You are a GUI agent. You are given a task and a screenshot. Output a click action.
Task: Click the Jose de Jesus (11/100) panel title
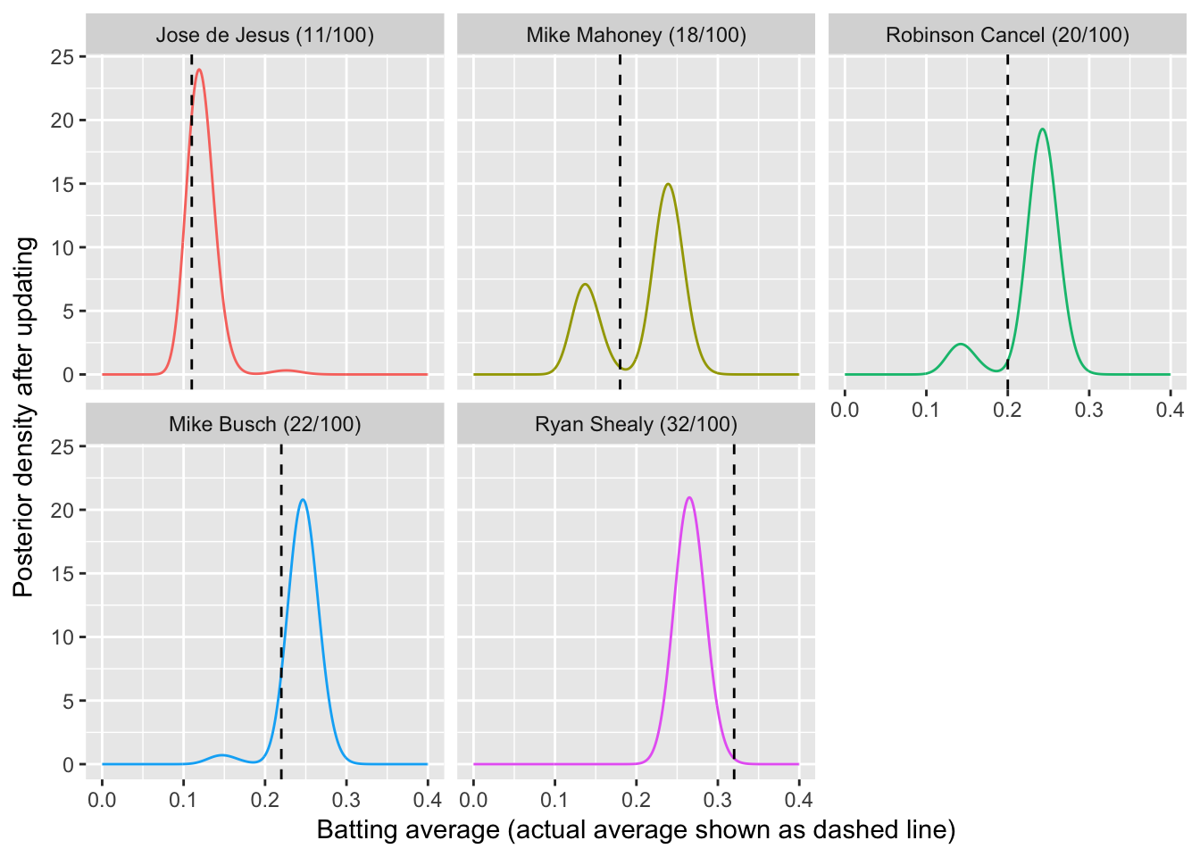[265, 36]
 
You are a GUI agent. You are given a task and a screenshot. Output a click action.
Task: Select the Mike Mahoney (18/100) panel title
[636, 36]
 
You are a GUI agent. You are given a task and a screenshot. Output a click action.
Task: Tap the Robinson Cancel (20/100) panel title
[1007, 36]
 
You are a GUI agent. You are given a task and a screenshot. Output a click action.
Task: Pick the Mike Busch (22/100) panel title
[265, 424]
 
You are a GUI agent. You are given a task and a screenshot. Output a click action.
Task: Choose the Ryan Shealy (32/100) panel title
[636, 424]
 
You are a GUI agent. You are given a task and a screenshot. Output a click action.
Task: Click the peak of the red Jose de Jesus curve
[198, 70]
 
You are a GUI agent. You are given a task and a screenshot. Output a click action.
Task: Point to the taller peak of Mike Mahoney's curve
[668, 184]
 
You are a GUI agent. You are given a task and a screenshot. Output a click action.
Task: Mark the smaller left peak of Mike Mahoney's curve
[585, 284]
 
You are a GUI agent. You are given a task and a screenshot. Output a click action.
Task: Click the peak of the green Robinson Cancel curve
[1042, 129]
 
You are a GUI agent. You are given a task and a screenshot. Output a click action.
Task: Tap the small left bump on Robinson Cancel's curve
[960, 344]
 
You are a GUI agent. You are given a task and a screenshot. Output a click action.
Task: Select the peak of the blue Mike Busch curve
[304, 499]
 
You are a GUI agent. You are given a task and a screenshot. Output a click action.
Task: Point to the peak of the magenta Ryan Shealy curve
[689, 497]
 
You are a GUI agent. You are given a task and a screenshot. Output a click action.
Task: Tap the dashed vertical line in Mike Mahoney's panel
[620, 223]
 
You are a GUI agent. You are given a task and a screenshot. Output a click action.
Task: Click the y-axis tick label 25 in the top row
[62, 57]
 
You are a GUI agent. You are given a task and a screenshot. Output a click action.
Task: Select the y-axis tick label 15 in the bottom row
[62, 574]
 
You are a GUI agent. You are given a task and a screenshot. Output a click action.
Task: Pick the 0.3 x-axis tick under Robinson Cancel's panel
[1088, 410]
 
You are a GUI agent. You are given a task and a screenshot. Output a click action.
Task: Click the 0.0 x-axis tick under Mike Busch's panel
[103, 799]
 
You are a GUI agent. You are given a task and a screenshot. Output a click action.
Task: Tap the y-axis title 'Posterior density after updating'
[24, 417]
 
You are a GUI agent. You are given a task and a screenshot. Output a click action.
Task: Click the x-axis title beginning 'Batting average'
[636, 830]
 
